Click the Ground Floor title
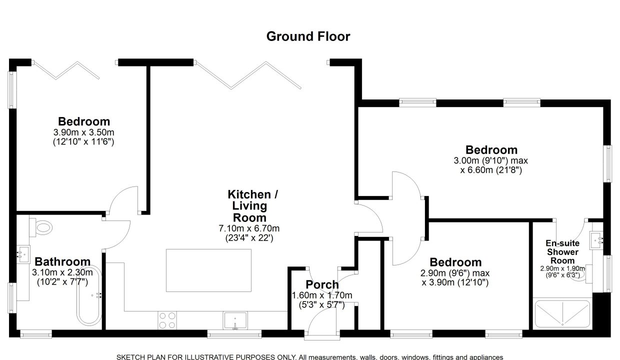[308, 36]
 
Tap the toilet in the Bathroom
[40, 227]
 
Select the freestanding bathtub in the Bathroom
[89, 295]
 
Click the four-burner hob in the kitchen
[167, 320]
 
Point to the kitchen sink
[235, 320]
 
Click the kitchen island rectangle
[208, 270]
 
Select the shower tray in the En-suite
[562, 314]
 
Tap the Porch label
[322, 284]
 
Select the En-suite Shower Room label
[562, 252]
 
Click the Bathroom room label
[62, 261]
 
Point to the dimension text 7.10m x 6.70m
[249, 228]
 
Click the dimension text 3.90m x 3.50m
[83, 132]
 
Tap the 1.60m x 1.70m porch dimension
[322, 295]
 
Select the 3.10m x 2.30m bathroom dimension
[62, 272]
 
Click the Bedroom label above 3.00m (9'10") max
[491, 150]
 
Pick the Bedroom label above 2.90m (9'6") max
[455, 262]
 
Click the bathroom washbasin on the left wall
[23, 254]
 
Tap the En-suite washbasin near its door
[596, 240]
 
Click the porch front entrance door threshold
[322, 337]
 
